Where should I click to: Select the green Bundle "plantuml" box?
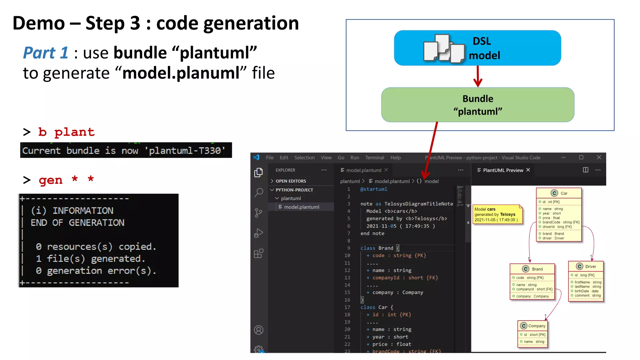477,105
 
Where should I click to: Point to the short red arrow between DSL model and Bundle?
477,77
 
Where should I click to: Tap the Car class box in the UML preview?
559,215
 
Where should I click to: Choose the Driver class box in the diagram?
586,281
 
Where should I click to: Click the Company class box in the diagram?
532,334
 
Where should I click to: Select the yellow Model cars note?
497,214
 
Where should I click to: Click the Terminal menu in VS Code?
374,157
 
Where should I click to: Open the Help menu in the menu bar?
395,157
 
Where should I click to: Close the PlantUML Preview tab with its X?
528,170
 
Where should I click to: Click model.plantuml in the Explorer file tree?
301,207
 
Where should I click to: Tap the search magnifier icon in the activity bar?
259,192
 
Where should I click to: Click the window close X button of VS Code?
599,157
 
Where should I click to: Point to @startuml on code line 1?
374,189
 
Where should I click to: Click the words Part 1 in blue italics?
46,52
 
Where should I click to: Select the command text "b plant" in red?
66,132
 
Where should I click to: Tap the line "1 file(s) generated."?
91,258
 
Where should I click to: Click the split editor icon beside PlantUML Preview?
585,170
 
